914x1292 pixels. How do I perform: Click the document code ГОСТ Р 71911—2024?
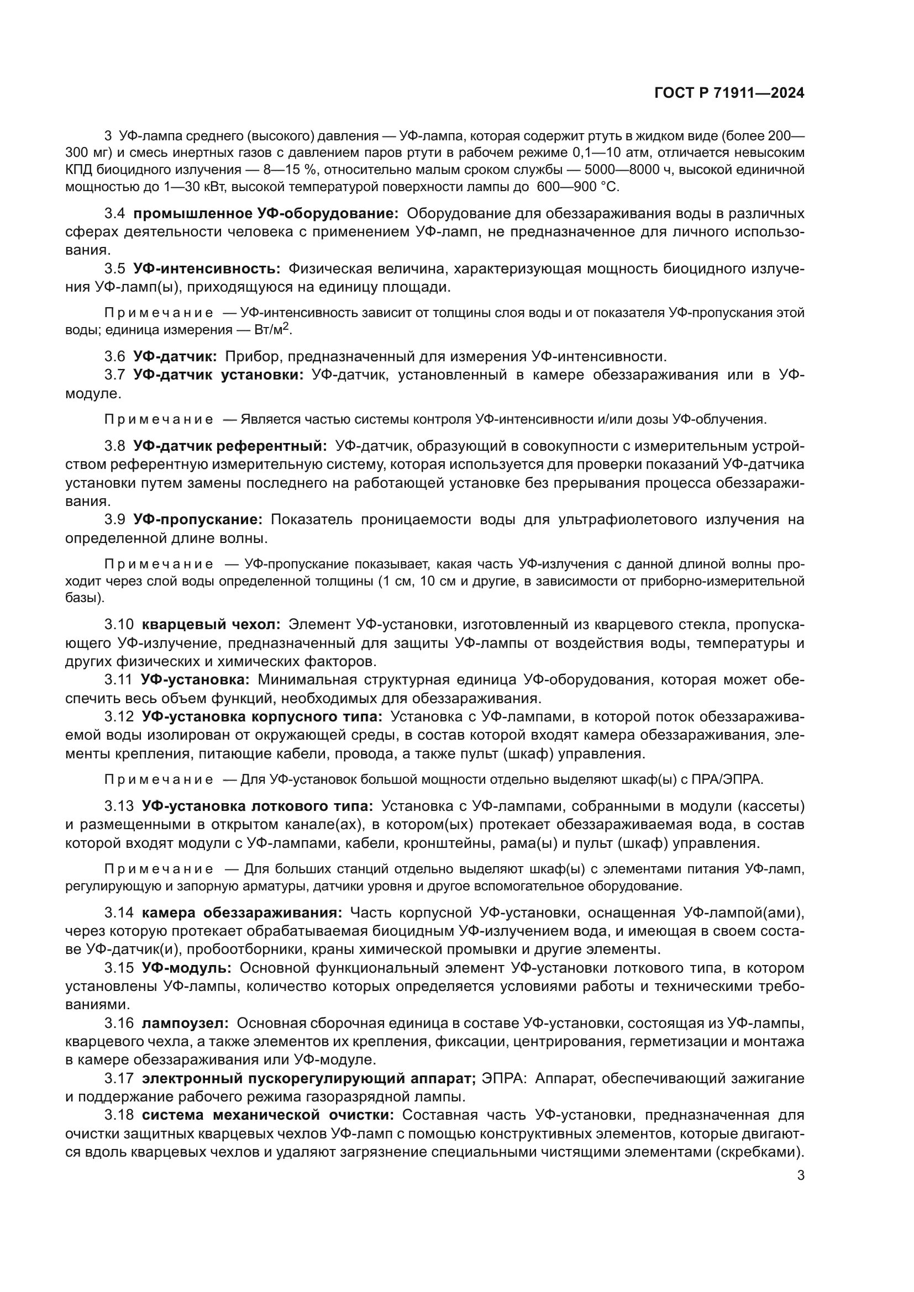[729, 93]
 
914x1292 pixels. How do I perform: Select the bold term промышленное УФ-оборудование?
[266, 214]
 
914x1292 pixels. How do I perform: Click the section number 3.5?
[115, 269]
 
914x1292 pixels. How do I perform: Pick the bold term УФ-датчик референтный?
[230, 446]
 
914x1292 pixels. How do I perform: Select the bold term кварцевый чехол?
[211, 625]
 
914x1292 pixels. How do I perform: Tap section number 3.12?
[119, 717]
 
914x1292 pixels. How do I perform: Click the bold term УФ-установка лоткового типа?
[257, 806]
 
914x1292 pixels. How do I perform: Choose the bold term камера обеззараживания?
[241, 912]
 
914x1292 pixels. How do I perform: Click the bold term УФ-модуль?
[186, 968]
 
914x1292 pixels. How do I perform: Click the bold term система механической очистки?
[268, 1115]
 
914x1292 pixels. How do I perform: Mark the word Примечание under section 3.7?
[159, 420]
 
